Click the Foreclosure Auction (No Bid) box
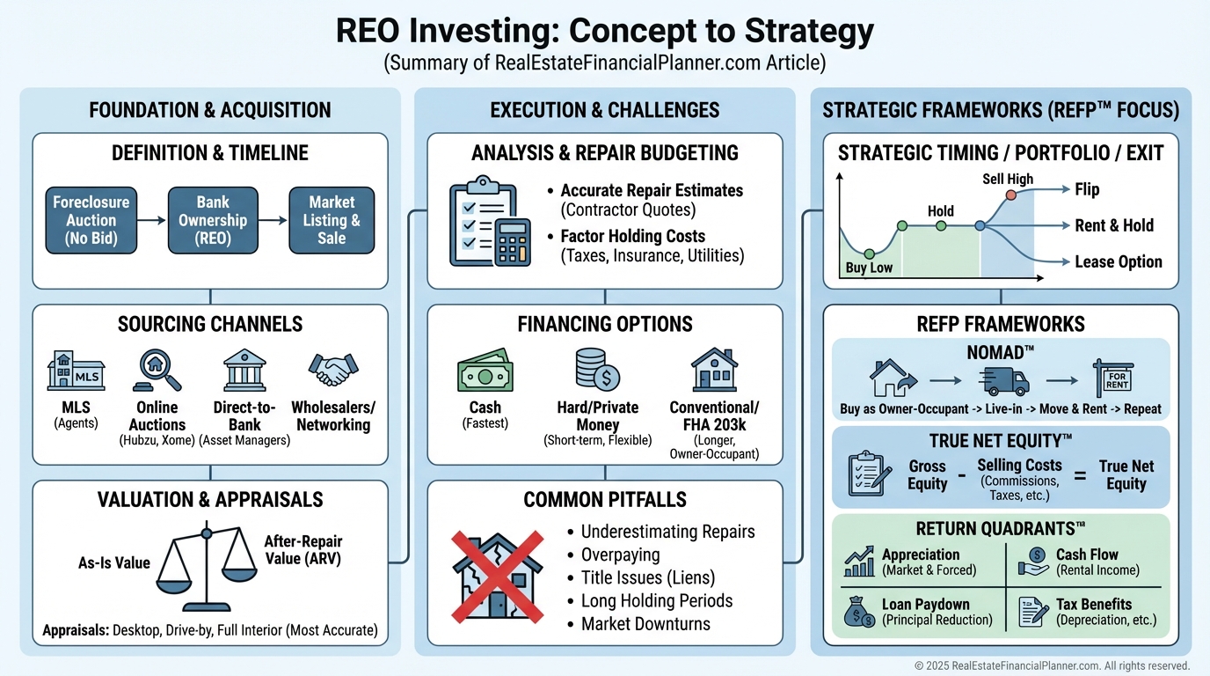coord(91,219)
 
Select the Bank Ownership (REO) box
coord(213,219)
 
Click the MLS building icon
coord(75,371)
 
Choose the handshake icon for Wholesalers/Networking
coord(333,370)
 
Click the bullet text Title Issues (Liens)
coord(649,578)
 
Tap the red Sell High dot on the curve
coord(1011,195)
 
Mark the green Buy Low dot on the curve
coord(869,253)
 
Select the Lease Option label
coord(1119,261)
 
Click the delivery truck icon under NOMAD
coord(1002,380)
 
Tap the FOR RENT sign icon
coord(1112,379)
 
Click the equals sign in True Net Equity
coord(1080,475)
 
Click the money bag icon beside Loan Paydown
coord(858,612)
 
